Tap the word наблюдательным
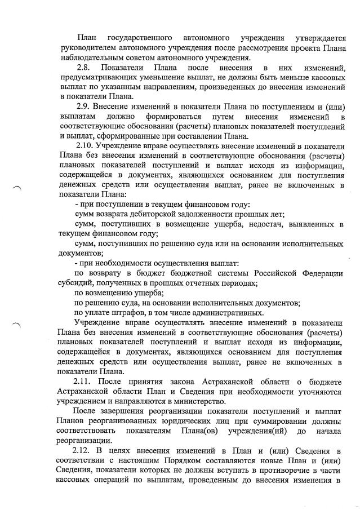coord(96,58)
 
